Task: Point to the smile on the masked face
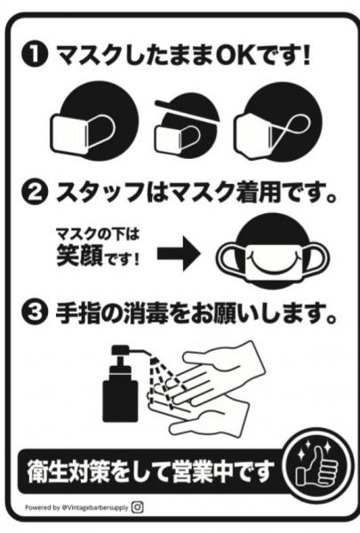click(267, 259)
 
